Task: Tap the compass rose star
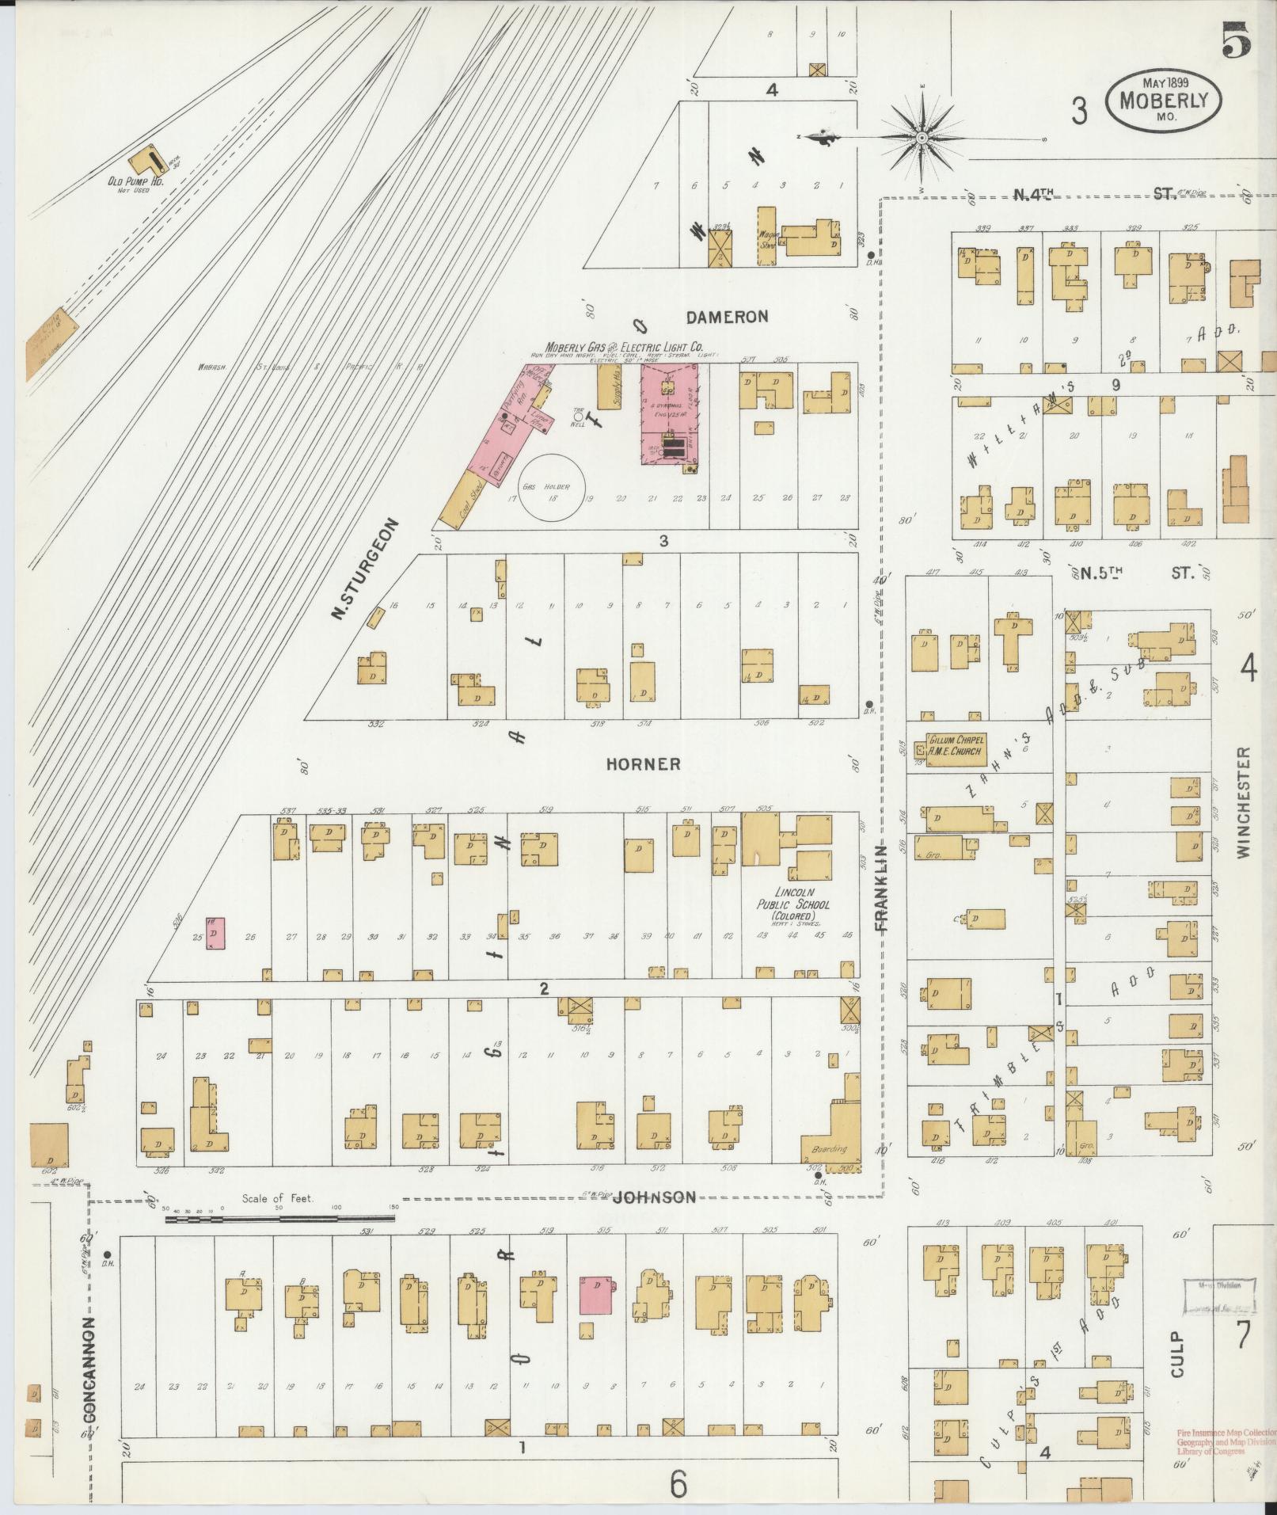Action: (922, 139)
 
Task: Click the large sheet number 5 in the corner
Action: (1235, 39)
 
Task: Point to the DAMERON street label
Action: (726, 317)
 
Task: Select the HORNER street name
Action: (643, 764)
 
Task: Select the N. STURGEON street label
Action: (365, 569)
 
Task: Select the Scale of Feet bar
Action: (280, 1220)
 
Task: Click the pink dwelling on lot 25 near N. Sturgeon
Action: (215, 934)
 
